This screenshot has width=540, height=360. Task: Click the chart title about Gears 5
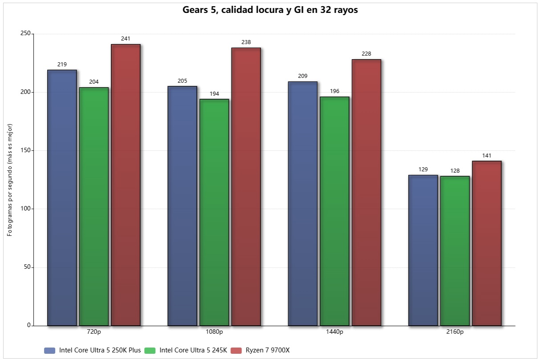point(270,10)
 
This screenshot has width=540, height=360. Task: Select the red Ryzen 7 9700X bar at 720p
point(126,185)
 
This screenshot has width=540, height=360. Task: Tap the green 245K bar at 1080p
point(214,212)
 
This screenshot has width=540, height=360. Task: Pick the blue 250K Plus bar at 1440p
point(303,203)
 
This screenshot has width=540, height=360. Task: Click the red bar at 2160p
point(487,243)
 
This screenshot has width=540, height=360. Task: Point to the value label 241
point(126,39)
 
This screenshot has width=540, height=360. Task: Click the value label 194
point(214,94)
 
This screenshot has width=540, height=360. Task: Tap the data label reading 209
point(303,76)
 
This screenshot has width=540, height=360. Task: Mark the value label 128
point(455,171)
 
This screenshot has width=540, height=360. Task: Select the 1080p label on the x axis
point(214,332)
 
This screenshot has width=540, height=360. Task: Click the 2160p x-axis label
point(455,332)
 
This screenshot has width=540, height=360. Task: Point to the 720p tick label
point(93,332)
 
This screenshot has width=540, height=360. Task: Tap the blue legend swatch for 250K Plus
point(50,350)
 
